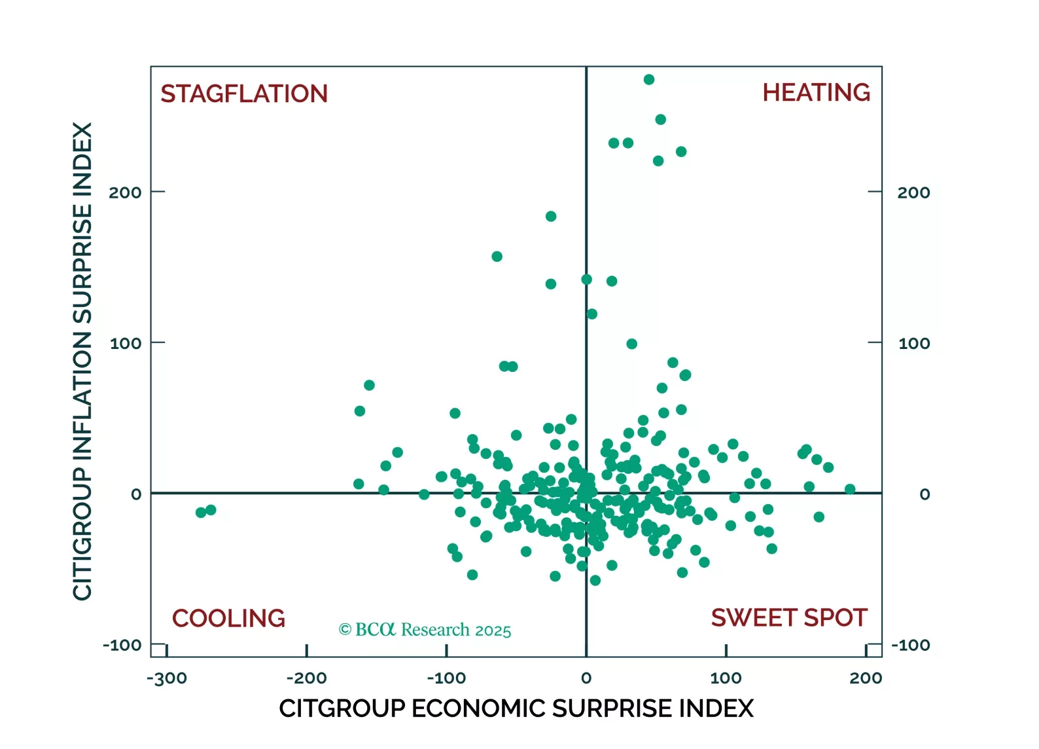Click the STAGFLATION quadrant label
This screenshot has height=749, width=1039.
pos(244,94)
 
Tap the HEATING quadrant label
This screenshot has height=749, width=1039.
pos(816,92)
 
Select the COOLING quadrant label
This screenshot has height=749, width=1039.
pos(228,618)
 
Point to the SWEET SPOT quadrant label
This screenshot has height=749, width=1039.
pos(788,617)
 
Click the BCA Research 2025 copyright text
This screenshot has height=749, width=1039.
pos(425,630)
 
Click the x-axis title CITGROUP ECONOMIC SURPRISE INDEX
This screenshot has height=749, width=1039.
pos(516,708)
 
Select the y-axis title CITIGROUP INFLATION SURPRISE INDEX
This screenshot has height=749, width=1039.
pos(82,361)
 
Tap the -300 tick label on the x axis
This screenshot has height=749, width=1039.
pos(167,678)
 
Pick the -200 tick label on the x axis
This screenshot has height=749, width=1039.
pos(306,678)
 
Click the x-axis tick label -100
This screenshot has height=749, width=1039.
pos(446,678)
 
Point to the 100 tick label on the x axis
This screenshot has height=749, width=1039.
pos(726,678)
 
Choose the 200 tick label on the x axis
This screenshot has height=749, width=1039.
pos(865,678)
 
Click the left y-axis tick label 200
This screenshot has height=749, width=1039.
pos(125,192)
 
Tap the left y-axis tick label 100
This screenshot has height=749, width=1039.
pos(126,343)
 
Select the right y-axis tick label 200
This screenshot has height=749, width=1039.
pos(913,192)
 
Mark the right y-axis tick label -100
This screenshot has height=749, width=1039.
pos(910,645)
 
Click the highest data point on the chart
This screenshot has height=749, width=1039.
pos(649,80)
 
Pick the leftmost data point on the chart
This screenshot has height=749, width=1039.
pos(201,512)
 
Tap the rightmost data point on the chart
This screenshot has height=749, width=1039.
pos(850,489)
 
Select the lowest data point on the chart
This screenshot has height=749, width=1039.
pos(595,580)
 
